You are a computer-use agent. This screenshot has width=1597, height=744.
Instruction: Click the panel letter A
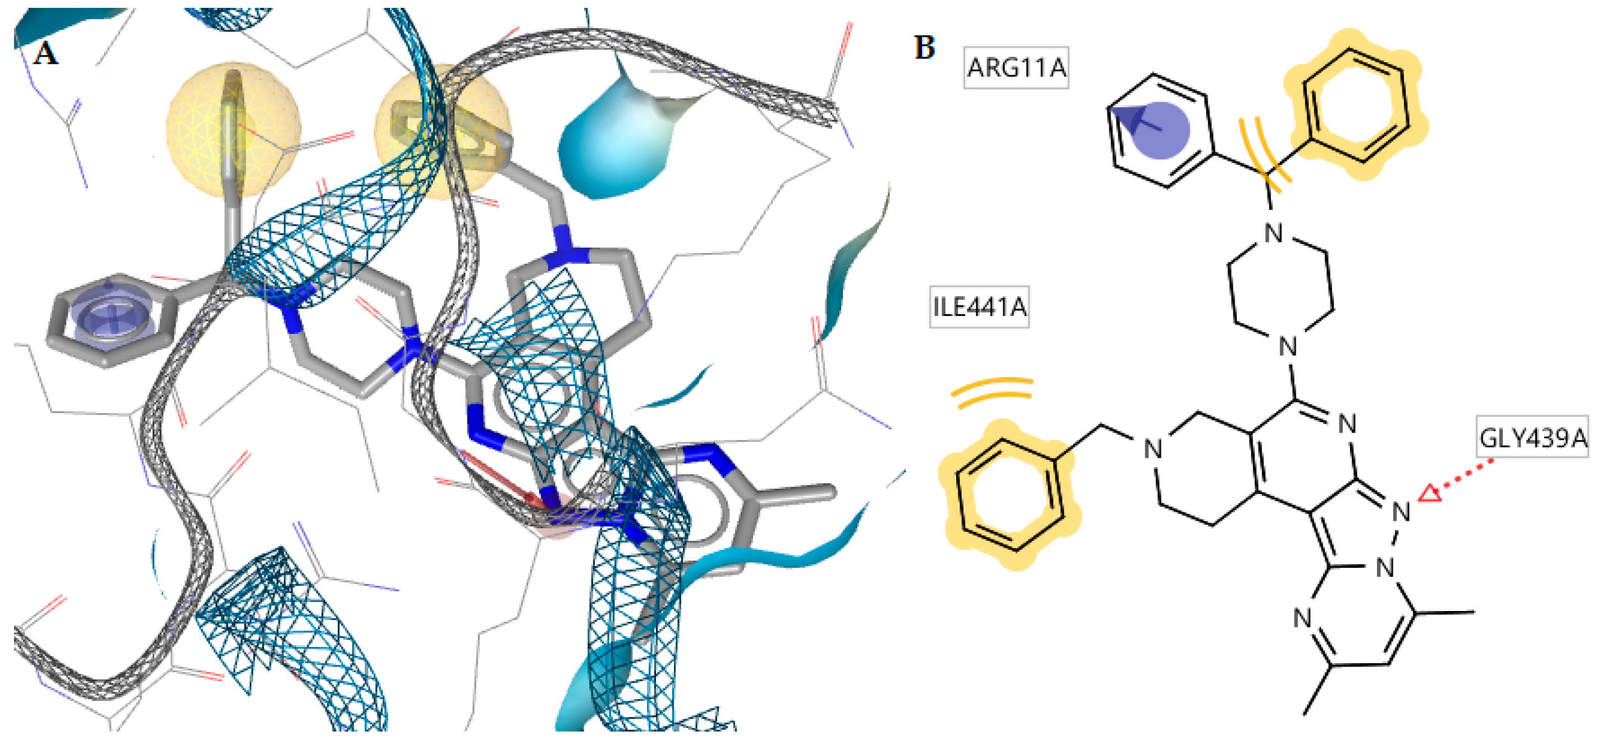coord(45,54)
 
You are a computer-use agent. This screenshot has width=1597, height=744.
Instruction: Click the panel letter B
coord(924,48)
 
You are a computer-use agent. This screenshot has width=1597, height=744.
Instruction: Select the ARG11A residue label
coord(1016,67)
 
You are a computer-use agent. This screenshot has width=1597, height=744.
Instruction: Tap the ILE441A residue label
coord(979,307)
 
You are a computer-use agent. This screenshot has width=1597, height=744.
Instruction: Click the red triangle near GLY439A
coord(1430,493)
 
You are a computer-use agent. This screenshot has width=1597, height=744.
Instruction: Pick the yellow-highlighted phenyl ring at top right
coord(1355,105)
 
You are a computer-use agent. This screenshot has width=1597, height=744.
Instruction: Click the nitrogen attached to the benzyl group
coord(1153,449)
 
